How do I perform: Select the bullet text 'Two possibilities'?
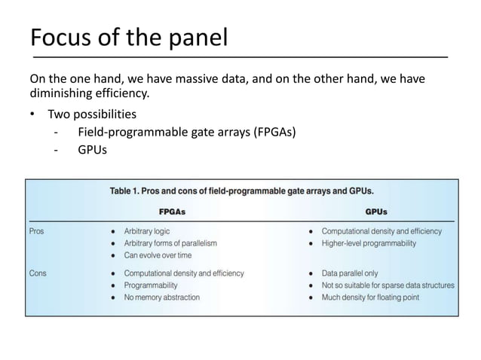92,114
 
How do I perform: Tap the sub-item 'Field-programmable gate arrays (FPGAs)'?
186,133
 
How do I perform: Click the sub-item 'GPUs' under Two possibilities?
92,150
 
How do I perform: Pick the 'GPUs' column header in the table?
378,212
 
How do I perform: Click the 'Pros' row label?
37,231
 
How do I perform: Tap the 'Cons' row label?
38,273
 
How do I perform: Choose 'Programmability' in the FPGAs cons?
151,285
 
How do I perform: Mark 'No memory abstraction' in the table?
161,297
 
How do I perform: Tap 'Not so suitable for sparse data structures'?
388,285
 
